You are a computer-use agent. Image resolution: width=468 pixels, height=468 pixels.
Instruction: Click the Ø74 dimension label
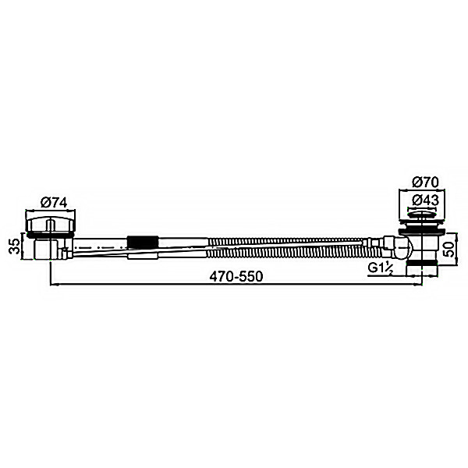pyautogui.click(x=51, y=202)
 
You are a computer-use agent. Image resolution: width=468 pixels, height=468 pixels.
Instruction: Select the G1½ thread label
pyautogui.click(x=381, y=269)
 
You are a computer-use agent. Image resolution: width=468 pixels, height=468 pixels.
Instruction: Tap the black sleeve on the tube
pyautogui.click(x=144, y=241)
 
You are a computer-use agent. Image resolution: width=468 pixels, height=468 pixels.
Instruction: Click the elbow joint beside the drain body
pyautogui.click(x=399, y=249)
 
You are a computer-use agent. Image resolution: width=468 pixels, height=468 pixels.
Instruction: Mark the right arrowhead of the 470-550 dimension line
pyautogui.click(x=420, y=286)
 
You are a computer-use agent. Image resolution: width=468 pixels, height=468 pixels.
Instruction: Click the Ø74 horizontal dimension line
pyautogui.click(x=51, y=211)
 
